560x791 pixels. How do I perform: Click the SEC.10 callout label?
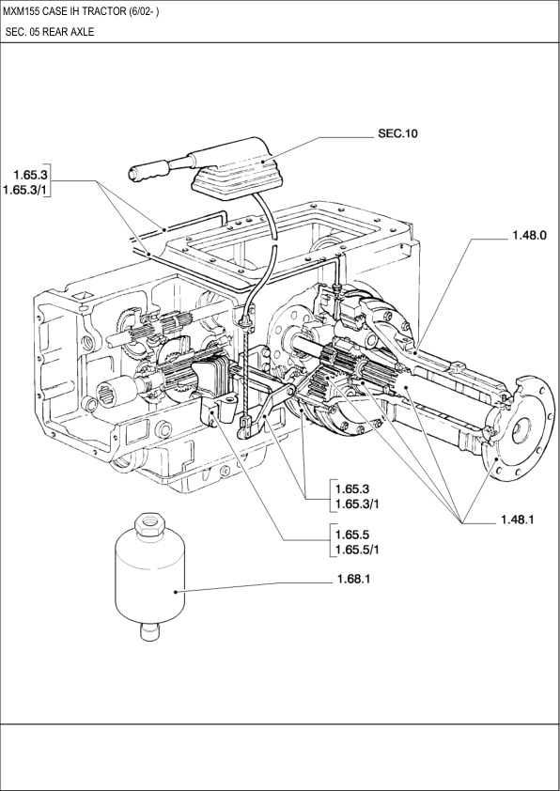click(x=397, y=133)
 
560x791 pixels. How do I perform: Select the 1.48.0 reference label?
click(x=529, y=235)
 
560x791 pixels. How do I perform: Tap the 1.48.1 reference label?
click(x=517, y=520)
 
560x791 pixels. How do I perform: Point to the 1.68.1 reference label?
click(x=353, y=579)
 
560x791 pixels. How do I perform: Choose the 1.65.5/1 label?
click(x=357, y=550)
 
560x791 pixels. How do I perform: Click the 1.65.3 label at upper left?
click(x=30, y=175)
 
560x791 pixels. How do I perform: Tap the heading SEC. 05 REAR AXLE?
click(x=50, y=32)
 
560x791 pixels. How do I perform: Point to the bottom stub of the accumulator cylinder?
click(x=149, y=631)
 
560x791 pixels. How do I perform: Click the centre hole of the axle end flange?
click(x=521, y=432)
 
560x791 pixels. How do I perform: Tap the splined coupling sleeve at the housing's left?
click(x=116, y=391)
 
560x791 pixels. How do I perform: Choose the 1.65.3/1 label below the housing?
click(x=357, y=504)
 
